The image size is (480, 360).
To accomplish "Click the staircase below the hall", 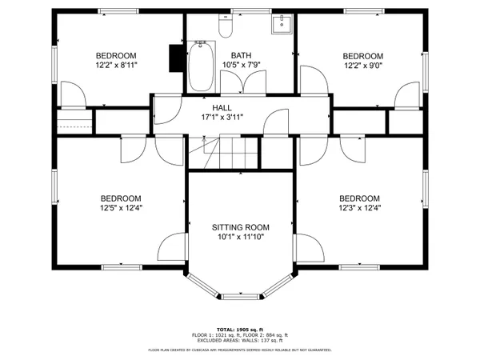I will pos(224,153).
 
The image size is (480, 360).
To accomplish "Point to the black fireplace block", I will pos(175,58).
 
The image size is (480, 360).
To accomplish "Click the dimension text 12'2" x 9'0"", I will pos(358,66).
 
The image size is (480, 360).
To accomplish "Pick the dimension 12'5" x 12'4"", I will pos(120,209).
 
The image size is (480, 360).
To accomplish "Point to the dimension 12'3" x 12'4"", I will pos(358,209).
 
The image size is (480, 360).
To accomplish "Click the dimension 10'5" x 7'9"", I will pos(241,65).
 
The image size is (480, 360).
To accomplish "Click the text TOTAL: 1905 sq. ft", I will pos(240,329).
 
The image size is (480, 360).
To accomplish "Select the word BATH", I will pos(241,55).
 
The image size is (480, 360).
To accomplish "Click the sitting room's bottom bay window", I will pos(240,297).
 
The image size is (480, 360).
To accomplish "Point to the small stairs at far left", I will pos(71,122).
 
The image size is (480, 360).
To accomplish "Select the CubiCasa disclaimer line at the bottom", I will pos(240,350).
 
